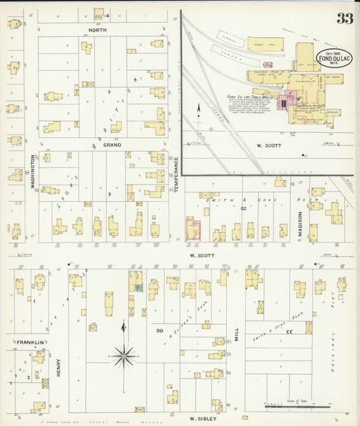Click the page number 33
(344, 18)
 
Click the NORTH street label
(98, 30)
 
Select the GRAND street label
(111, 144)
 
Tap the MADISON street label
(300, 222)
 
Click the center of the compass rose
(125, 353)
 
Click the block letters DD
(160, 331)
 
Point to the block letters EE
(289, 332)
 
